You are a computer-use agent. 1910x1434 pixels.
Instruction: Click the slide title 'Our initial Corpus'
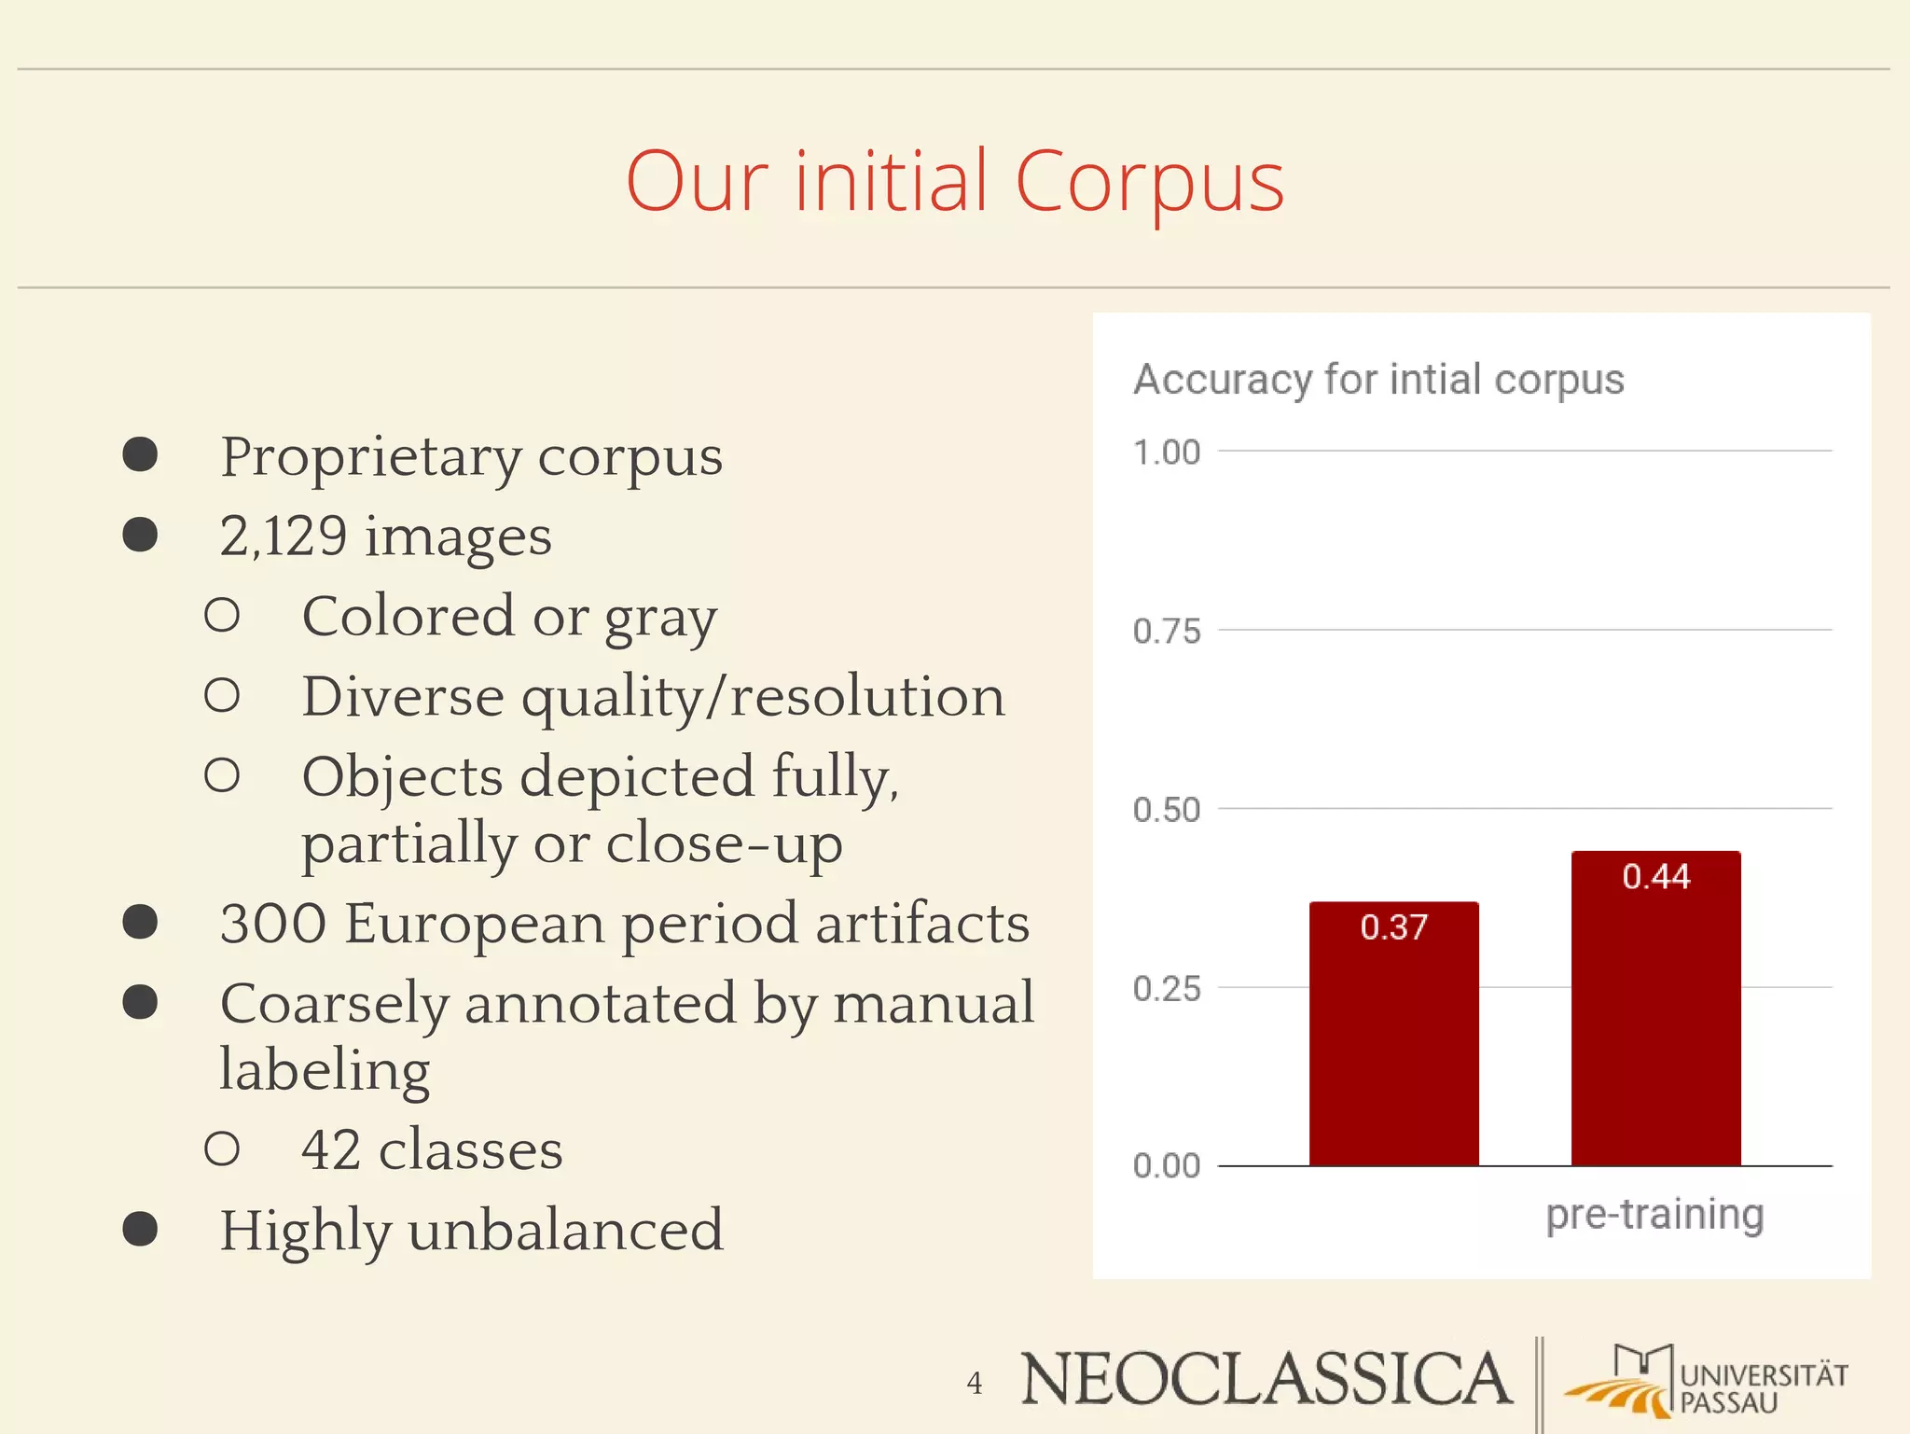pos(954,182)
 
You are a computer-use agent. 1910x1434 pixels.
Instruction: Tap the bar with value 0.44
pos(1655,1008)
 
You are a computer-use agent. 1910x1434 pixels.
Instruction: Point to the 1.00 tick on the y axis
pos(1166,452)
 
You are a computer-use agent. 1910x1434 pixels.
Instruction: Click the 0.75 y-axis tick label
pos(1166,632)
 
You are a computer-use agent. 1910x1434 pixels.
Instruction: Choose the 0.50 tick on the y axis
pos(1166,810)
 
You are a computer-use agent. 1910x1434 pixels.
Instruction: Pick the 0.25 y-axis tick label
pos(1166,989)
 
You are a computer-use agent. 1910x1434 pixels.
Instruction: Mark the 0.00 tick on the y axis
pos(1166,1166)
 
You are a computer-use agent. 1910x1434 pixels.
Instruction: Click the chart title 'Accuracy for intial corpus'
pos(1378,380)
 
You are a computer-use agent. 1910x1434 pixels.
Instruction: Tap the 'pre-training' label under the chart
pos(1654,1215)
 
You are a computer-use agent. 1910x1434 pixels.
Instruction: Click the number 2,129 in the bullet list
pos(284,536)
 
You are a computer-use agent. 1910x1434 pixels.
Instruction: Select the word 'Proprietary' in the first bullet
pos(371,458)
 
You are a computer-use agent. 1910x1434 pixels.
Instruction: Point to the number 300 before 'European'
pos(273,924)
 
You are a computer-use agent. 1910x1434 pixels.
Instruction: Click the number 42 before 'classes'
pos(330,1149)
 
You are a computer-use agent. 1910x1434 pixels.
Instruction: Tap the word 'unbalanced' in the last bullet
pos(565,1230)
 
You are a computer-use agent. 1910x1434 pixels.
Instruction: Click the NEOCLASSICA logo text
pos(1266,1379)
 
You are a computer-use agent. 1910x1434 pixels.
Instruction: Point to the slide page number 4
pos(975,1383)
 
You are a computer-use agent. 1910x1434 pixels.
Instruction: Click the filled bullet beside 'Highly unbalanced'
pos(140,1229)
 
